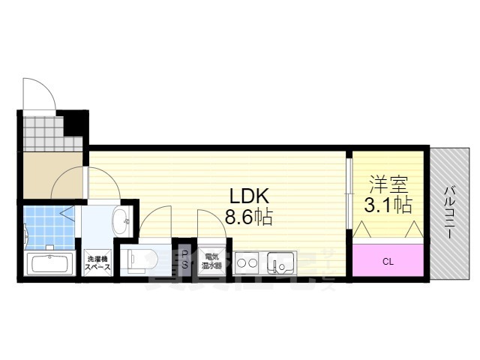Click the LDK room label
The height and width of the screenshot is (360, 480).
coord(249,196)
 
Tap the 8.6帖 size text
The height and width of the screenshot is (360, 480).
coord(249,218)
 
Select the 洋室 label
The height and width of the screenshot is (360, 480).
coord(387,182)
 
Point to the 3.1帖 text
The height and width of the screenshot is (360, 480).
coord(387,204)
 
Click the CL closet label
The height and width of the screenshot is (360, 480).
coord(388,262)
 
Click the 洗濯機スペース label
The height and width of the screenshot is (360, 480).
coord(97,262)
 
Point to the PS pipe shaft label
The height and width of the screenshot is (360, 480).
coord(184,259)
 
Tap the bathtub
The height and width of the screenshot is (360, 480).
coord(49,264)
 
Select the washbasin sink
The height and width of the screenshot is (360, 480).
coord(120,220)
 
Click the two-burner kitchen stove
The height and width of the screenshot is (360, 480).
coord(247,263)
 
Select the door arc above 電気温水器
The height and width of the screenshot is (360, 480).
coord(211,221)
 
